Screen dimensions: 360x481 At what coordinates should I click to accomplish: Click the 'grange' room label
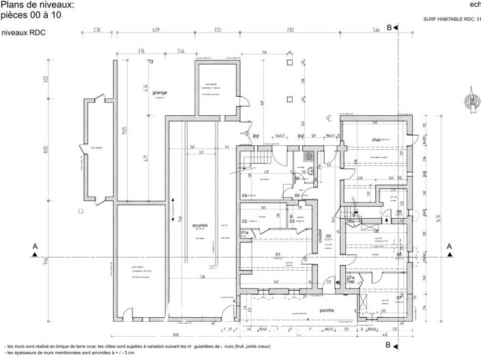pyautogui.click(x=160, y=93)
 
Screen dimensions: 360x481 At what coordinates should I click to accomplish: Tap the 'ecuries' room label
pyautogui.click(x=200, y=224)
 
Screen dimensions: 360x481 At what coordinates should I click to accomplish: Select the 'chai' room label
pyautogui.click(x=375, y=139)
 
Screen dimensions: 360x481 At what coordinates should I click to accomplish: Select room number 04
pyautogui.click(x=244, y=196)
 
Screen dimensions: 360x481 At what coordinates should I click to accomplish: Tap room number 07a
pyautogui.click(x=350, y=278)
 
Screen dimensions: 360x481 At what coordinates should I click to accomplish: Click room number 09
pyautogui.click(x=398, y=211)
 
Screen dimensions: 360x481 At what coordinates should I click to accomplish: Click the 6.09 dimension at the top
pyautogui.click(x=156, y=30)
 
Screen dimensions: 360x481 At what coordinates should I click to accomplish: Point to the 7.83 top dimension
pyautogui.click(x=290, y=30)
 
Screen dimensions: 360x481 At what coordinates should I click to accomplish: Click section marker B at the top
pyautogui.click(x=389, y=27)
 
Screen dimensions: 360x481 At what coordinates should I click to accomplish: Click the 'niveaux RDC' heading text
pyautogui.click(x=24, y=32)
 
